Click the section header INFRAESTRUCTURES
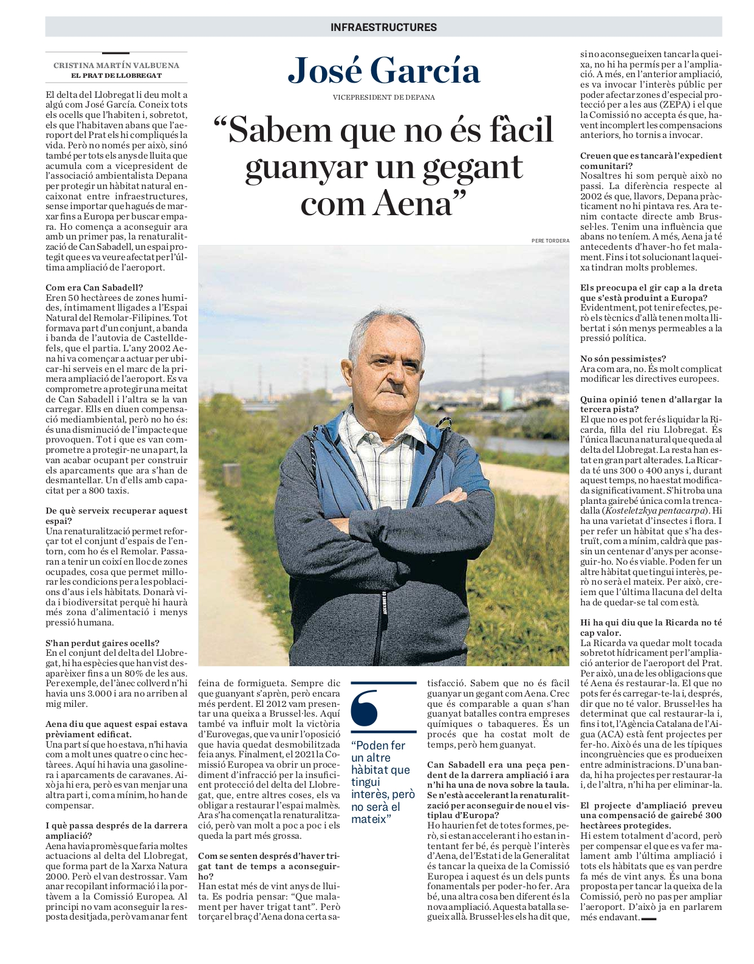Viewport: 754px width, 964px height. coord(383,27)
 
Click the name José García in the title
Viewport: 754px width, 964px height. coord(384,71)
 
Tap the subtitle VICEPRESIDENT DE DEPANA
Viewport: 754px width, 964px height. coord(383,97)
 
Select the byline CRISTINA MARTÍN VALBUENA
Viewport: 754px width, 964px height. coord(116,65)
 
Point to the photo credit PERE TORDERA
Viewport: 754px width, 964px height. coord(550,241)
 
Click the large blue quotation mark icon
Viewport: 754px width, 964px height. coord(365,708)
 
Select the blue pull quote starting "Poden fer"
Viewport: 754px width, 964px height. coord(382,782)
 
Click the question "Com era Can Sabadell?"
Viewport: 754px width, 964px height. coord(94,287)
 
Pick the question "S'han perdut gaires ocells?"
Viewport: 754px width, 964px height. coord(102,643)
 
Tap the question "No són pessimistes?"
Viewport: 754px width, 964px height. coord(623,359)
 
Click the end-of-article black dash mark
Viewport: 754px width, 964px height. coord(649,918)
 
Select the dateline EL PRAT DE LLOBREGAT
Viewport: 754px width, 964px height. coord(116,75)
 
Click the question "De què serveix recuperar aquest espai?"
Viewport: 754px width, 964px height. coord(116,515)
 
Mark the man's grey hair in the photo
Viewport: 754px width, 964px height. coord(383,328)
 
